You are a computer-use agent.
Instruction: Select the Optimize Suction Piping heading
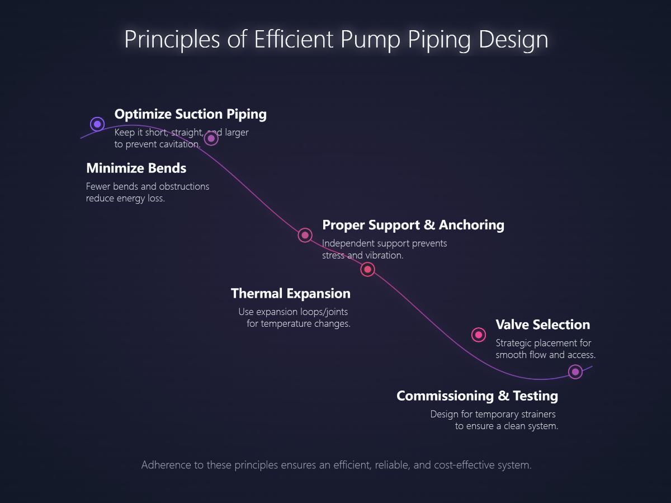(x=190, y=114)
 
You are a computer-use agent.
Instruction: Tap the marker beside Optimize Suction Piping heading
(x=97, y=124)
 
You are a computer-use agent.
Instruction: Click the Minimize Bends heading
(x=136, y=168)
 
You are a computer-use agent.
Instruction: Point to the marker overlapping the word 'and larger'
(x=211, y=138)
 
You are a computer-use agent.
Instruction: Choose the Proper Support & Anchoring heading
(x=413, y=225)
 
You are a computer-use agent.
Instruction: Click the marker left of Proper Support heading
(x=305, y=235)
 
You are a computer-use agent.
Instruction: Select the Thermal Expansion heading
(x=290, y=294)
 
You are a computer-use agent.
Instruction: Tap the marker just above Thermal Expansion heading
(x=367, y=270)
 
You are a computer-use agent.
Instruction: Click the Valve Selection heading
(x=542, y=325)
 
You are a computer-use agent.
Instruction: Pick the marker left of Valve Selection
(x=479, y=335)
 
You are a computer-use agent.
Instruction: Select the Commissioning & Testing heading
(x=477, y=396)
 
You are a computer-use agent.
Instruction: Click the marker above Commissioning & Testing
(x=575, y=372)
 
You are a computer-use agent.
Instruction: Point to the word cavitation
(x=180, y=144)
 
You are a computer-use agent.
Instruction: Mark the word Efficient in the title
(x=294, y=40)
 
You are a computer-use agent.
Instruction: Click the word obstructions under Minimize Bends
(x=184, y=186)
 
